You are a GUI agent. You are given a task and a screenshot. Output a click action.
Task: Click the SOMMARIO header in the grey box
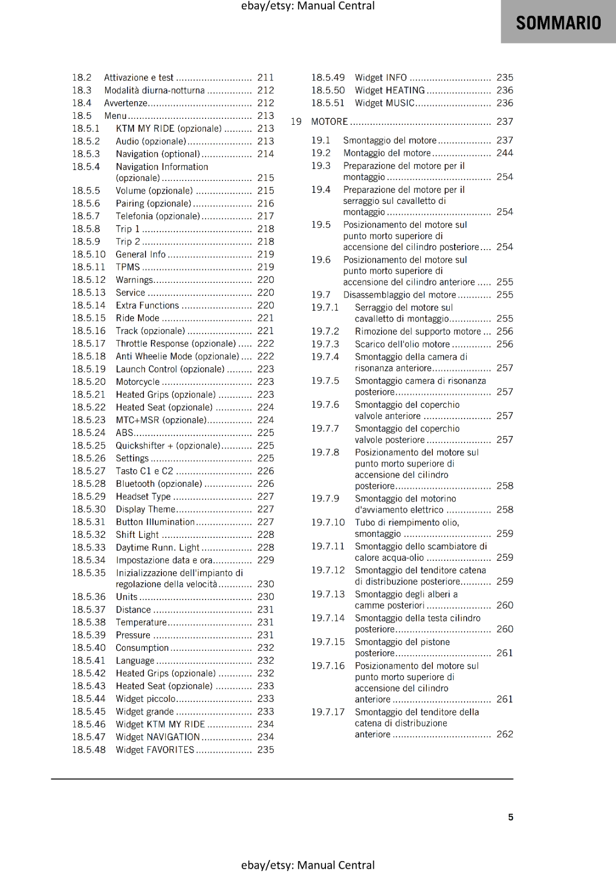(558, 23)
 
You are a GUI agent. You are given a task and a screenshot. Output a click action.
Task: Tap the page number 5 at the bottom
(511, 817)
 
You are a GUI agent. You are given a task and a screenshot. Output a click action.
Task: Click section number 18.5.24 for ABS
(89, 433)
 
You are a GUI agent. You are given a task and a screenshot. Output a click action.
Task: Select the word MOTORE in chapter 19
(329, 122)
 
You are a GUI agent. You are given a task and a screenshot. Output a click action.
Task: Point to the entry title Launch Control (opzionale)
(170, 369)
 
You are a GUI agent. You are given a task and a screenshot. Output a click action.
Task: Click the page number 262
(505, 734)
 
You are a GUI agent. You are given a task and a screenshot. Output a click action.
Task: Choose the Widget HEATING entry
(390, 90)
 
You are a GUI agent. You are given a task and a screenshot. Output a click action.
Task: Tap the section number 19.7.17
(328, 712)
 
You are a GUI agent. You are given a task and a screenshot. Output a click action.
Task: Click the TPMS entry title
(128, 267)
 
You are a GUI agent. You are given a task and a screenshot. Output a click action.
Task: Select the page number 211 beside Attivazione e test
(265, 77)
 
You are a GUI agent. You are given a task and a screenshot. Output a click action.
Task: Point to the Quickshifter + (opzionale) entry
(168, 445)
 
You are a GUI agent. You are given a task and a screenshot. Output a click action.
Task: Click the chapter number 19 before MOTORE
(296, 122)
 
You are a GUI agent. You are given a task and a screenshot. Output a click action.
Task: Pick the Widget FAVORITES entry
(155, 750)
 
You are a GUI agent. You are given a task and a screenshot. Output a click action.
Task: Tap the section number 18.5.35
(89, 573)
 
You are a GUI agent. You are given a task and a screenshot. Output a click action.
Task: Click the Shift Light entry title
(137, 535)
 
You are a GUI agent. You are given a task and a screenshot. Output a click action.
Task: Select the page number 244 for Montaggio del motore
(505, 153)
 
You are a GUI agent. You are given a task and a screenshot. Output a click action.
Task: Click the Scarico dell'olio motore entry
(402, 344)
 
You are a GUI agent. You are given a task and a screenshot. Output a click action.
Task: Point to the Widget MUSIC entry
(385, 103)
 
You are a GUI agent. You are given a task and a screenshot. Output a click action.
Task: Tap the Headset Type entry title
(143, 496)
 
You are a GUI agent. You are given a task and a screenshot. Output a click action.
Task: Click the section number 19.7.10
(328, 522)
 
